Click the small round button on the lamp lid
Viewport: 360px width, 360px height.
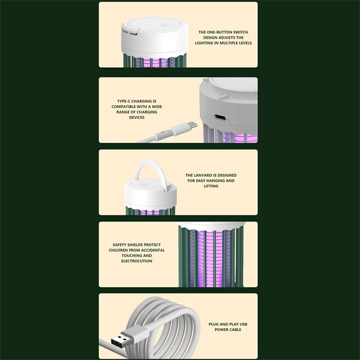tap(165, 25)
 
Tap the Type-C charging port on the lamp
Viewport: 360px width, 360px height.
tap(220, 118)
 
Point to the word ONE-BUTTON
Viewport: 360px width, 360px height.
tap(219, 32)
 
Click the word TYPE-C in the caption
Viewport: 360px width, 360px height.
tap(124, 101)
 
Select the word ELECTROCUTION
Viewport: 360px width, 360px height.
tap(137, 261)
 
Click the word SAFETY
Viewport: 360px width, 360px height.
tap(119, 245)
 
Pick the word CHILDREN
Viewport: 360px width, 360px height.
tap(118, 250)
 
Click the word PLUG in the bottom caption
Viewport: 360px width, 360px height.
tap(214, 325)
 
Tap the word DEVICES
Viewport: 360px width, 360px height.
tap(137, 118)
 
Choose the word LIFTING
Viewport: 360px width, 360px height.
tap(211, 186)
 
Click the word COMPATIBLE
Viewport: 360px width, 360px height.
tap(124, 107)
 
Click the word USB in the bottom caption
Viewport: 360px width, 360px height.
tap(244, 325)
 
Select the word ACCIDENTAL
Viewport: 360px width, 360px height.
tap(153, 250)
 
